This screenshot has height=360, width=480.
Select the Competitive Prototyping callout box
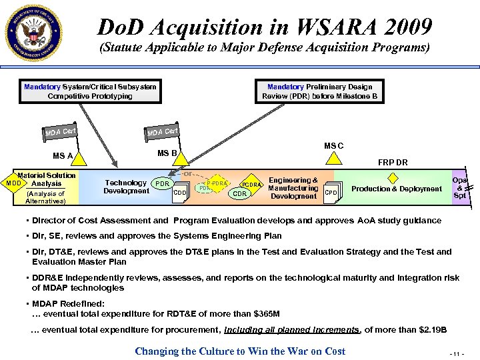click(x=90, y=91)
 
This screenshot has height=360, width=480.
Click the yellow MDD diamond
click(x=11, y=183)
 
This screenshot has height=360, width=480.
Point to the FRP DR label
click(x=393, y=163)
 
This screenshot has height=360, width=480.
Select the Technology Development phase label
click(x=126, y=187)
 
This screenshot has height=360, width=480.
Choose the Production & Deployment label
click(x=397, y=189)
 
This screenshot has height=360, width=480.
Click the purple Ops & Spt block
click(x=460, y=187)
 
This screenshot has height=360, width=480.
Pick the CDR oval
click(x=241, y=194)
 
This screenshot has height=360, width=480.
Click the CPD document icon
click(x=331, y=193)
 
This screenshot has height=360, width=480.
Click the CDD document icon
click(x=179, y=193)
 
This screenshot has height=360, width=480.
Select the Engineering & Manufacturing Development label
click(x=293, y=188)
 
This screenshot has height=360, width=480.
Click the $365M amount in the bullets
click(x=265, y=313)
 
